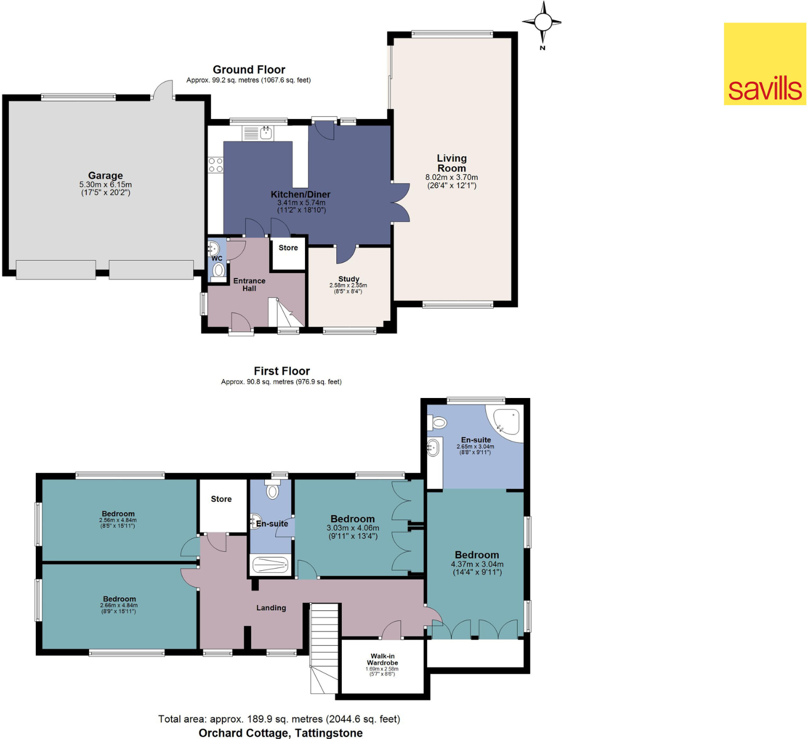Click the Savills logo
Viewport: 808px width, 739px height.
tap(764, 64)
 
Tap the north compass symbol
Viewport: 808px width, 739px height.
tap(543, 23)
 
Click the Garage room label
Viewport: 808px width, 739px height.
tap(105, 175)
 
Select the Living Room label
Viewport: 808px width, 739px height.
tap(451, 163)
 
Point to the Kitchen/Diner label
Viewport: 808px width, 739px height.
tap(301, 194)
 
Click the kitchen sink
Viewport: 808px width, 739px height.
tap(266, 132)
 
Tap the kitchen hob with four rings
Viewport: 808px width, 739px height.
tap(215, 165)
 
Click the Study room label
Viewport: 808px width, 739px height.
tap(348, 279)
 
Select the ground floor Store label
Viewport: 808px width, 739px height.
tap(288, 248)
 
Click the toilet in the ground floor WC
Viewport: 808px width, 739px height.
tap(218, 270)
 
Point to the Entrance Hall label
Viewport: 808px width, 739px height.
tap(249, 285)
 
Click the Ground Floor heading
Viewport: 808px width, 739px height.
tap(249, 70)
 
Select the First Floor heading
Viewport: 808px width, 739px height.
tap(282, 371)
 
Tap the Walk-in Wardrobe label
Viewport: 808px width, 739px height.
tap(383, 659)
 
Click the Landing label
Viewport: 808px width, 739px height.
tap(271, 608)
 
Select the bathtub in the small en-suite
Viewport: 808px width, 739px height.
tap(270, 565)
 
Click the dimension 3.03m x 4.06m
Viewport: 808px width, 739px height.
tap(353, 528)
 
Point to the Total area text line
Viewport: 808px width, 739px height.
tap(279, 719)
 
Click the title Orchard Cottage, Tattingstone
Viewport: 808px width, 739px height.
tap(281, 733)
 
